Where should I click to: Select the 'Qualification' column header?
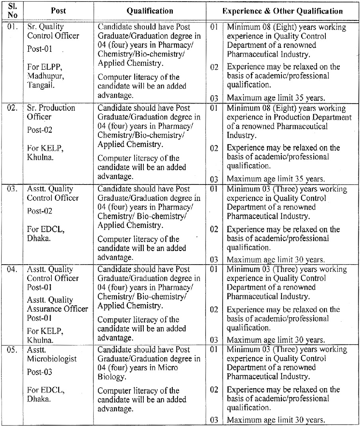150,11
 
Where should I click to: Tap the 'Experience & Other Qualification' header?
283,11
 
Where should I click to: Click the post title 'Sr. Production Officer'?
51,112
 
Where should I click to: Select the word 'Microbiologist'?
52,359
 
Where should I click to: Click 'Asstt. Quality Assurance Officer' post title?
57,304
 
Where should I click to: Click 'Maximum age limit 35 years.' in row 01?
276,98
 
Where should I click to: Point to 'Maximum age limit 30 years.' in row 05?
276,420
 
